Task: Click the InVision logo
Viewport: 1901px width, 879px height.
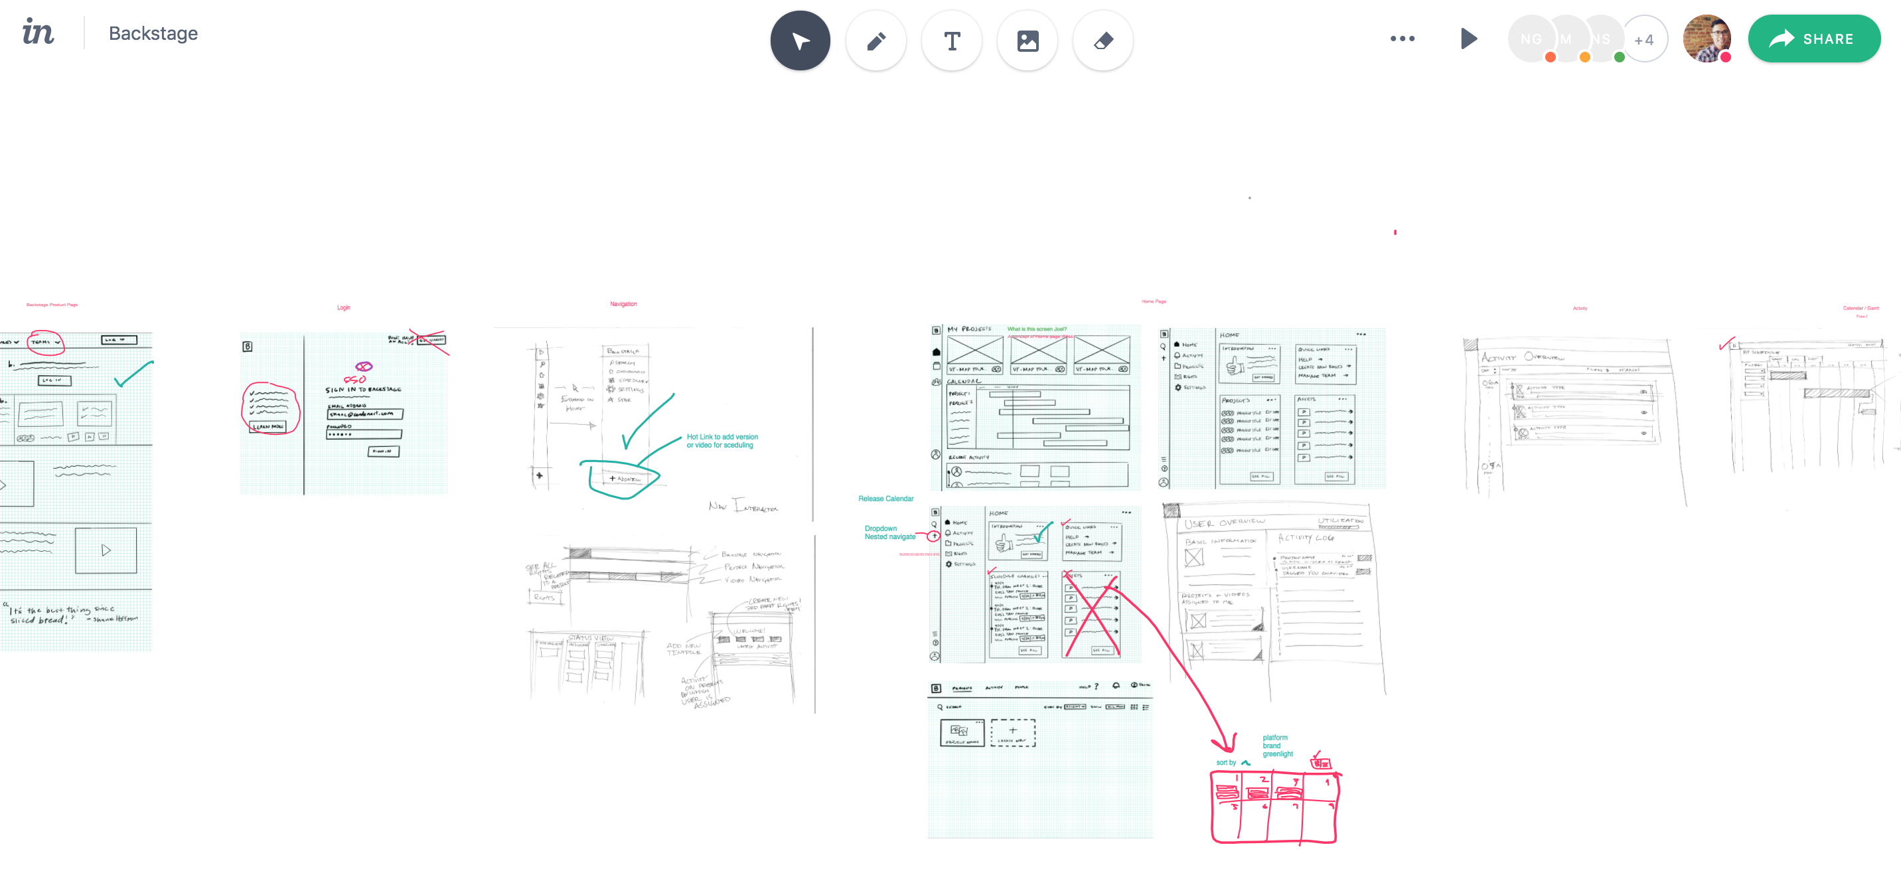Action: [38, 33]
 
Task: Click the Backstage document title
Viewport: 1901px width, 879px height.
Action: [153, 33]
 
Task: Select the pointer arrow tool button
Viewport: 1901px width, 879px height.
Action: [800, 40]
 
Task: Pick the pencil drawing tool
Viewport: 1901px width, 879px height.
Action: [876, 40]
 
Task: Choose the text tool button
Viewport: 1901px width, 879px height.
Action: [952, 40]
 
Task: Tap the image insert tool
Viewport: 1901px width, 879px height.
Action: [1027, 40]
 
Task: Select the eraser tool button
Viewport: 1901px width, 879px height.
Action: [1103, 40]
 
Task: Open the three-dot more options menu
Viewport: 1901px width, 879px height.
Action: [1402, 39]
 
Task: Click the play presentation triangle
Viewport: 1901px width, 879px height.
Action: [1468, 39]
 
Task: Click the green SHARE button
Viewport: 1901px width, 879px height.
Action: [1813, 39]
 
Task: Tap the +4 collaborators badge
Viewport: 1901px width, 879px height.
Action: [1643, 39]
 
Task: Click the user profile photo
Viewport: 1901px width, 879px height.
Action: [1706, 39]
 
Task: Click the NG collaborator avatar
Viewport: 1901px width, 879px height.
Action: [1531, 39]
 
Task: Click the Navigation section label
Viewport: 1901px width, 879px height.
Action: [623, 304]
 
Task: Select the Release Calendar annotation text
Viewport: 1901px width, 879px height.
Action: [885, 499]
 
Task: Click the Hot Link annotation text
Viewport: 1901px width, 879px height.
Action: [722, 441]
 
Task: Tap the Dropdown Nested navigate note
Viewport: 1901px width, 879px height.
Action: [889, 533]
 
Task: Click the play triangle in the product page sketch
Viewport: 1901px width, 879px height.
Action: [106, 550]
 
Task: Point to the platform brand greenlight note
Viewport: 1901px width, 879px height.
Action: [1276, 746]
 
